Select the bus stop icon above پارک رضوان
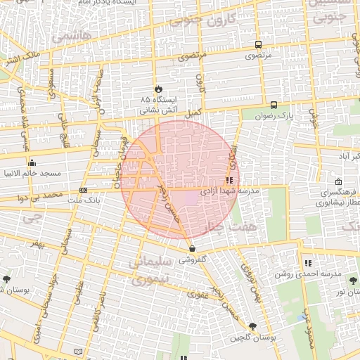pyautogui.click(x=273, y=105)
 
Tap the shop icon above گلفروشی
pyautogui.click(x=192, y=248)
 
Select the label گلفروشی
pyautogui.click(x=192, y=259)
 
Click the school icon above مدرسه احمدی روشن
pyautogui.click(x=308, y=263)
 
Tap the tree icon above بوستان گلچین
pyautogui.click(x=252, y=326)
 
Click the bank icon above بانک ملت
pyautogui.click(x=83, y=190)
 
